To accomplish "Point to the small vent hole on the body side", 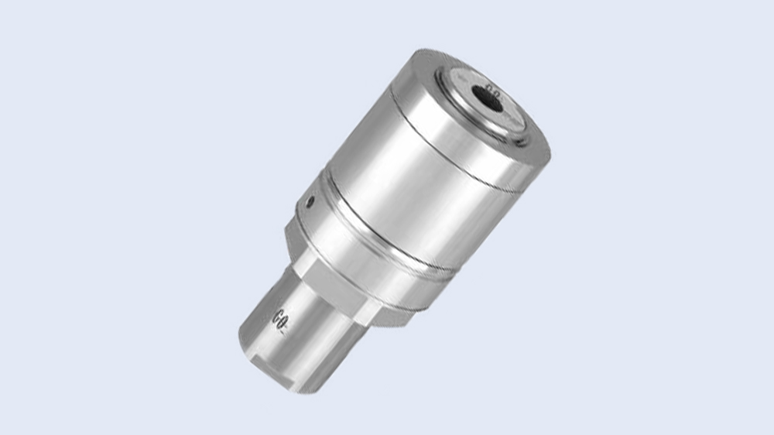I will click(x=310, y=203).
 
